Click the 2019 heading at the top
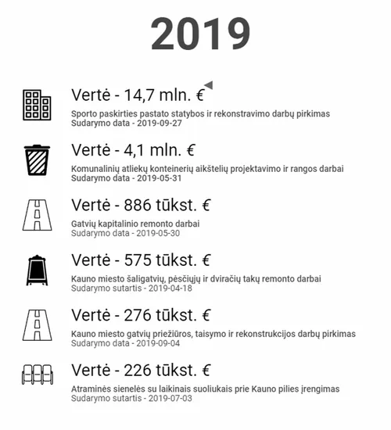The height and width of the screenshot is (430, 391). point(200,34)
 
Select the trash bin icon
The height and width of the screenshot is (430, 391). point(37,159)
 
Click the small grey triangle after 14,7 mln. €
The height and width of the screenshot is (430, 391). point(209,85)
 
